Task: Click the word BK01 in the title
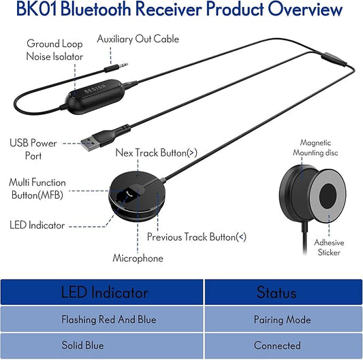coord(43,10)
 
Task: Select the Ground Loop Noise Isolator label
coord(54,50)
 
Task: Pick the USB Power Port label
coord(33,149)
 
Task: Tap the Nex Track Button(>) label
coord(156,152)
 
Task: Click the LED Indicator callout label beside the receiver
coord(37,224)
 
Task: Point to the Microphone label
coord(138,259)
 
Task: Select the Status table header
coord(277,293)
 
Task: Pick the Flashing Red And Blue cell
coord(109,320)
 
